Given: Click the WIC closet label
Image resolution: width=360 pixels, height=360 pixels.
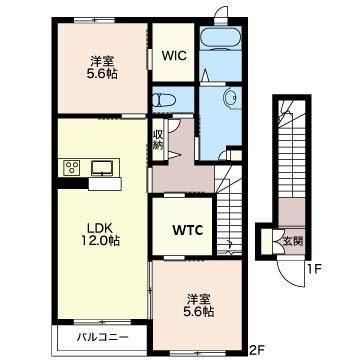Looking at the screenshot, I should pyautogui.click(x=172, y=58).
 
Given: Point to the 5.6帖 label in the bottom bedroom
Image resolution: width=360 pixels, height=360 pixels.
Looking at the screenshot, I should pyautogui.click(x=198, y=310).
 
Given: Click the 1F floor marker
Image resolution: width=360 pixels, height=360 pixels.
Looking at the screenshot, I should pyautogui.click(x=313, y=268).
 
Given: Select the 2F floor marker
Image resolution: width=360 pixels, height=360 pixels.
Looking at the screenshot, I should pyautogui.click(x=256, y=349).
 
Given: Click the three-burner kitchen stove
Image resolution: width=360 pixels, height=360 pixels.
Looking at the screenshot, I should pyautogui.click(x=72, y=168).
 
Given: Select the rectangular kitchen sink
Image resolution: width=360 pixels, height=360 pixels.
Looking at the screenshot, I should pyautogui.click(x=103, y=167).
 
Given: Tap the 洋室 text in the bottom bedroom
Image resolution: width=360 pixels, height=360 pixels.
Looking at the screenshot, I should pyautogui.click(x=197, y=296).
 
